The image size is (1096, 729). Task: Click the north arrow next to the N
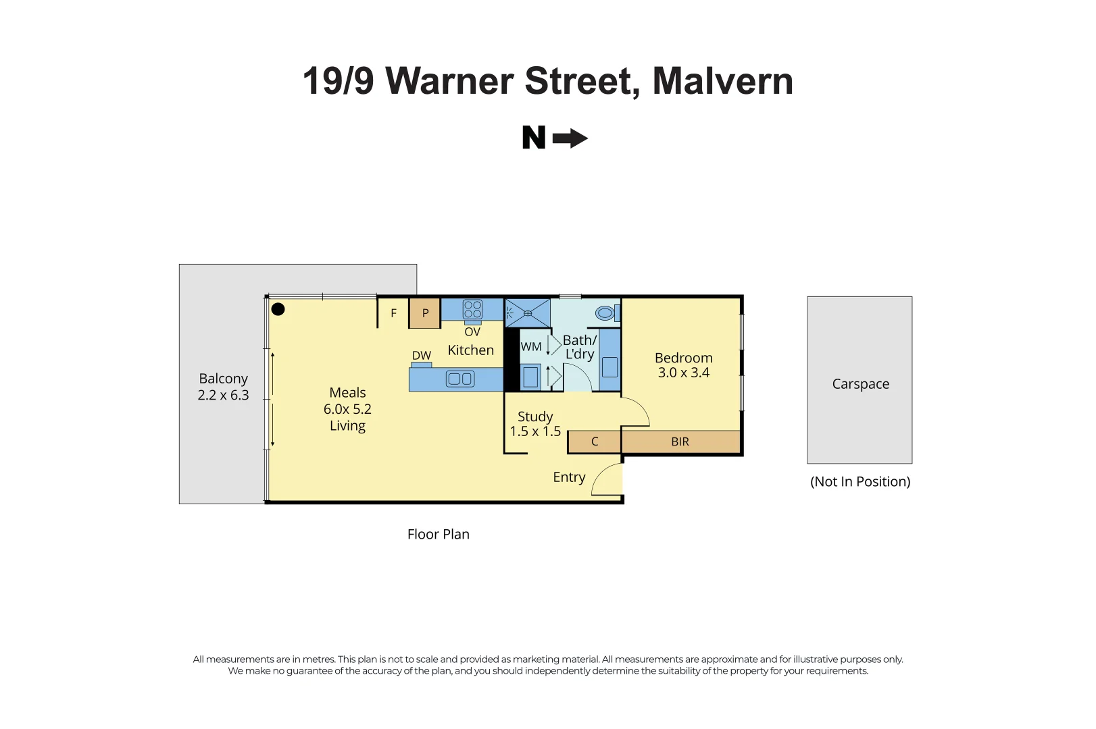(x=570, y=138)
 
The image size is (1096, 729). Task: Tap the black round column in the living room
(x=278, y=309)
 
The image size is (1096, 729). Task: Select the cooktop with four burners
(x=472, y=310)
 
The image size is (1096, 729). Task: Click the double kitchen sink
(x=460, y=379)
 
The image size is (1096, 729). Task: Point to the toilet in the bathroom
(x=607, y=313)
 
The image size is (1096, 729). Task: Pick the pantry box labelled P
(x=425, y=313)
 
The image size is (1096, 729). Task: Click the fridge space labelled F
(x=393, y=313)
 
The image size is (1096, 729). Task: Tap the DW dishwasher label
(x=421, y=356)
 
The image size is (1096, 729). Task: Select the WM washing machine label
(x=531, y=347)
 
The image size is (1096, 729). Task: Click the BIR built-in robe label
(x=680, y=442)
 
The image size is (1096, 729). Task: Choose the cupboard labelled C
(x=595, y=442)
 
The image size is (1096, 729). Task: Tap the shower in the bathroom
(x=528, y=313)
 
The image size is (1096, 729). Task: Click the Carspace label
(x=861, y=384)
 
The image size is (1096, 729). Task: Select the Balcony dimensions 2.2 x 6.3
(x=223, y=395)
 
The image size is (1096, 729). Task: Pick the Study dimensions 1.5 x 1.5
(x=535, y=431)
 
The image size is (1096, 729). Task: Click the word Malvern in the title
(x=723, y=81)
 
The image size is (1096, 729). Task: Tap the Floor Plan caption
(x=439, y=534)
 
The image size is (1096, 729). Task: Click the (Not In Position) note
(x=860, y=481)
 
